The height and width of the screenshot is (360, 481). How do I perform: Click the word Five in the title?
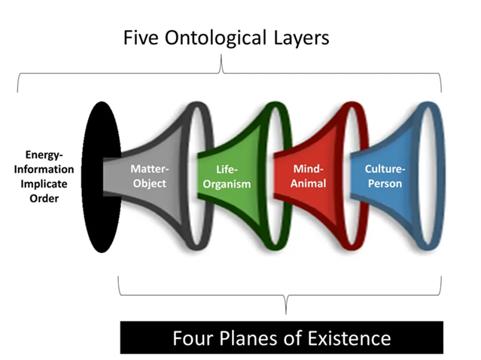pyautogui.click(x=142, y=38)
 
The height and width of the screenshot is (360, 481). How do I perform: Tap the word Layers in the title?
pyautogui.click(x=300, y=38)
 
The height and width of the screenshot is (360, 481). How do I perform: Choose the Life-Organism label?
pyautogui.click(x=230, y=176)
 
